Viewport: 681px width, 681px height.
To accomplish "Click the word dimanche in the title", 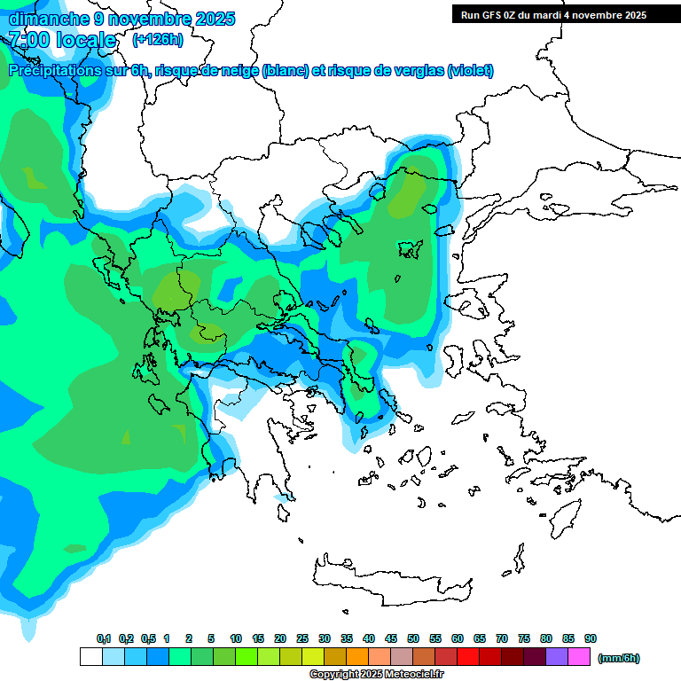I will pyautogui.click(x=43, y=19).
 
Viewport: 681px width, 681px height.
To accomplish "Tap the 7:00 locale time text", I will pyautogui.click(x=63, y=41).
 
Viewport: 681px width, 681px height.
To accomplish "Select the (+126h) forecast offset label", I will pyautogui.click(x=157, y=40).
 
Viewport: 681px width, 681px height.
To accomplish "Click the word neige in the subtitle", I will pyautogui.click(x=242, y=71).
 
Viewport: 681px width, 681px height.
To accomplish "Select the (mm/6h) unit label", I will pyautogui.click(x=618, y=658).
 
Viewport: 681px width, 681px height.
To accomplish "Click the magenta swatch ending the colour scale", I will pyautogui.click(x=579, y=657).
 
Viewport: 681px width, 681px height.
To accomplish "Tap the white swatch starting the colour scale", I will pyautogui.click(x=90, y=657).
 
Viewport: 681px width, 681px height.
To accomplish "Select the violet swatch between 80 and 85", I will pyautogui.click(x=557, y=657).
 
